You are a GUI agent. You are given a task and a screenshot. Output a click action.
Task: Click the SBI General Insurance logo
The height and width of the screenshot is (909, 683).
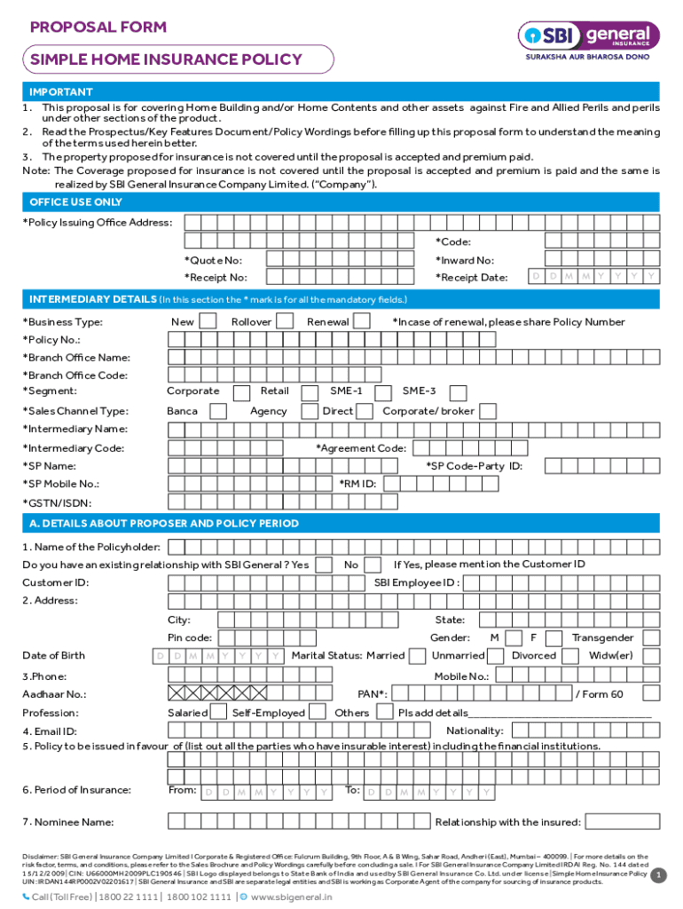pos(589,37)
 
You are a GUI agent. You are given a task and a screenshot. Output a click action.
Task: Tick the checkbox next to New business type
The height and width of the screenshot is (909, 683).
pos(208,320)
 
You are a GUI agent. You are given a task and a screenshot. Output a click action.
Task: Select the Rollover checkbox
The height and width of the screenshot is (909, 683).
pos(286,320)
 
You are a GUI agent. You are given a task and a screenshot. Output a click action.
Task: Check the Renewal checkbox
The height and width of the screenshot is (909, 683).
pos(362,320)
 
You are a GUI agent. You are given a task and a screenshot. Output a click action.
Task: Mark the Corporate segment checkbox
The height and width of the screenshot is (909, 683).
pos(240,392)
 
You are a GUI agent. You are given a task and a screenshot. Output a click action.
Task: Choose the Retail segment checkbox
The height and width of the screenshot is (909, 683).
pos(310,392)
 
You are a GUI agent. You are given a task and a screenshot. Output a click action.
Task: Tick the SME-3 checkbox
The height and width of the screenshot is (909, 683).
pos(457,392)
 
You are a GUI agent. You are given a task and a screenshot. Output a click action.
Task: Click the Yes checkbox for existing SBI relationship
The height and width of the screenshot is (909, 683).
pos(325,565)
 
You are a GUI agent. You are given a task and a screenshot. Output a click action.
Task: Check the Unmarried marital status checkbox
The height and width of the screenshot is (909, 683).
pos(498,656)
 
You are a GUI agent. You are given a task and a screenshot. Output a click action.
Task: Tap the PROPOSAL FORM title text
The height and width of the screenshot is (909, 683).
pos(98,27)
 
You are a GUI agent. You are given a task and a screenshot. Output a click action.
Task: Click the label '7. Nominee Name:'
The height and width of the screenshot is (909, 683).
pos(67,822)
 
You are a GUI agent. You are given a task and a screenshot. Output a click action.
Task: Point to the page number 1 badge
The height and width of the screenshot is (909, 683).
pos(658,876)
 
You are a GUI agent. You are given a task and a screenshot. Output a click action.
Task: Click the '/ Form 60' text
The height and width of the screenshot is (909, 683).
pos(600,694)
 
